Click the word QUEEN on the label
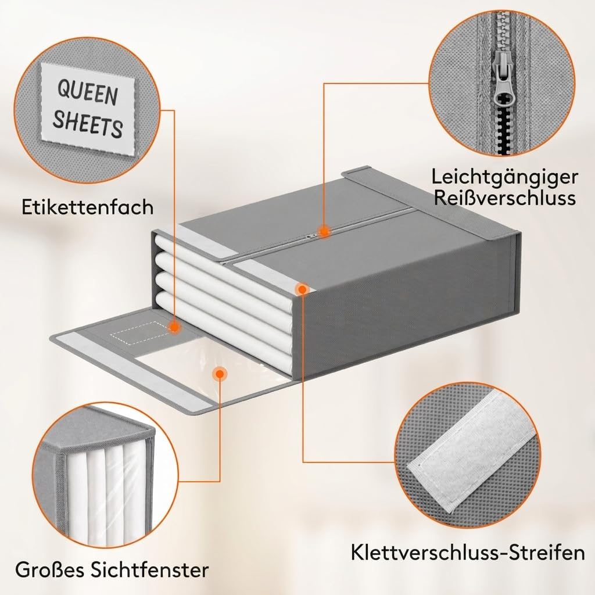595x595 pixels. [x=88, y=92]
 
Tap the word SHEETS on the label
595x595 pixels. [x=88, y=123]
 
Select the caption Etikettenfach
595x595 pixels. [x=88, y=207]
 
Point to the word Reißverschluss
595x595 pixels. [x=505, y=198]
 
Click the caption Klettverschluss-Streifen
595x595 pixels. [x=468, y=552]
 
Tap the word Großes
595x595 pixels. [x=47, y=569]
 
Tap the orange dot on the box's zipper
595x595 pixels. [x=323, y=231]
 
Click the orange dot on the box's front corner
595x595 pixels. [x=302, y=290]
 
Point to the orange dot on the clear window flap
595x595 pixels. [x=218, y=374]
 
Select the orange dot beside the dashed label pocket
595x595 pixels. [x=174, y=327]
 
